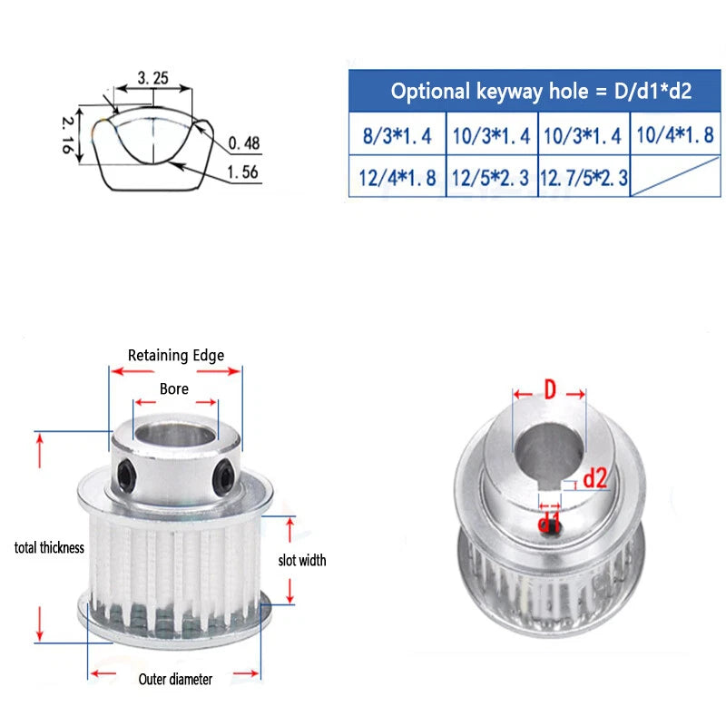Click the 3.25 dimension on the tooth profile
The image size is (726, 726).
152,78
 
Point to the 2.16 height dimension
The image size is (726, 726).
67,134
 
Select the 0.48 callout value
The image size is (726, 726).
244,143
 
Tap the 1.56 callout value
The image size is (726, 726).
242,172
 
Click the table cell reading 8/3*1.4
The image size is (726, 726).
397,134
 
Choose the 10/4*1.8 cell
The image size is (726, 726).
675,134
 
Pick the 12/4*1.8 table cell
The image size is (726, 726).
397,177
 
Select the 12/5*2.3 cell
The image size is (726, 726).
491,177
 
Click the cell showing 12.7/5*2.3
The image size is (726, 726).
584,177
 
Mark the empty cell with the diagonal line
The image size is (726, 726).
675,177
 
